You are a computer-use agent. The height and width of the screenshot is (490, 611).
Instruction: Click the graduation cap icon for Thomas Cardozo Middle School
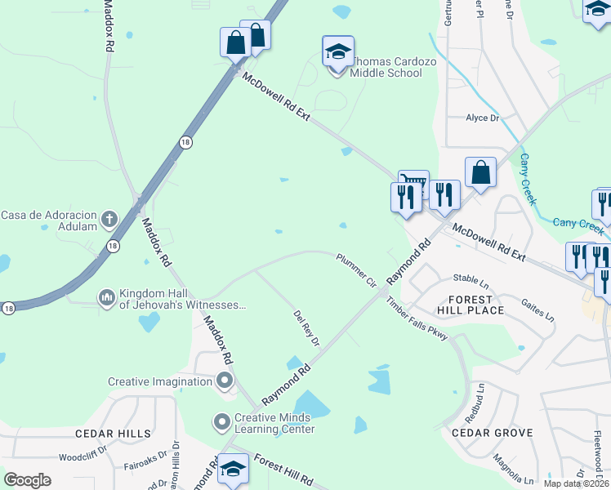coord(337,53)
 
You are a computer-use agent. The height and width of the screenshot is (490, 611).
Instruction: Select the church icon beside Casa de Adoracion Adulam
coord(109,219)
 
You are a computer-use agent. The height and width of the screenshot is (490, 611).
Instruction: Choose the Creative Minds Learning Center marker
coord(221,422)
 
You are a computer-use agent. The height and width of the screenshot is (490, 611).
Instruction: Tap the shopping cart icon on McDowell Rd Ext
coord(413,182)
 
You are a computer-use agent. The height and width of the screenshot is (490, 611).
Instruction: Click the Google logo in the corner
coord(28,479)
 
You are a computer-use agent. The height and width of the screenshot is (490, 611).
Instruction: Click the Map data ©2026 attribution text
coord(576,483)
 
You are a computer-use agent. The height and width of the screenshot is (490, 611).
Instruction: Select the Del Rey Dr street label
coord(305,327)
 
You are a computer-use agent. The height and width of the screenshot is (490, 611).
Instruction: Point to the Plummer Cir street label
coord(355,270)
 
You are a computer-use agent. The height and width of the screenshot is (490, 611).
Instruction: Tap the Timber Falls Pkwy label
coord(417,318)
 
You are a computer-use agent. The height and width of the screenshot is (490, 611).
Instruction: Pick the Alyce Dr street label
coord(482,118)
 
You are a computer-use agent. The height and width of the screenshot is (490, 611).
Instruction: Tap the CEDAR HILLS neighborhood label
coord(113,433)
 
